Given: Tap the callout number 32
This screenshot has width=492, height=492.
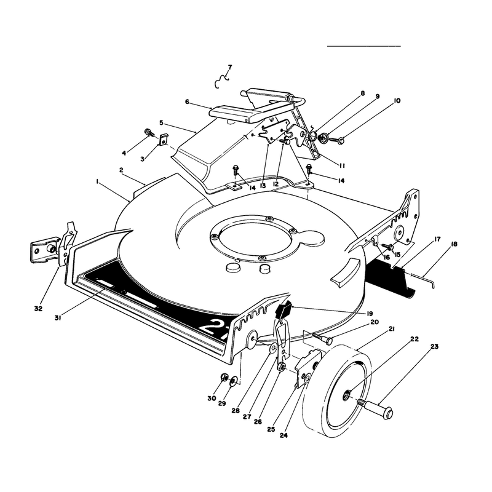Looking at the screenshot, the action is point(38,309).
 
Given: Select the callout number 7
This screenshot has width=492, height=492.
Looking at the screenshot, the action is point(230,67).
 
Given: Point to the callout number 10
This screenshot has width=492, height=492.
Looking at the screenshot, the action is point(397,100).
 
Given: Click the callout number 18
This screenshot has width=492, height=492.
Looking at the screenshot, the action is point(454,244).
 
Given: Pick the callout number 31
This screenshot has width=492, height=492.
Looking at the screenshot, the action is point(57,318).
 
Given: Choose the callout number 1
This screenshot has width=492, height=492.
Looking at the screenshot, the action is point(98,181).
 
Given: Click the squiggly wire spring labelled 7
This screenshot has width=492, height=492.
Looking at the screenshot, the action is point(221,81).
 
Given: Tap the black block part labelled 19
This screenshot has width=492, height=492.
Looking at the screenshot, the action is point(284,309).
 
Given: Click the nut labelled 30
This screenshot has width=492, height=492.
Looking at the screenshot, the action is point(224,377).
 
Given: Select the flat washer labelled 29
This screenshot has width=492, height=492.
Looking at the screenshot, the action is point(234,381).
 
